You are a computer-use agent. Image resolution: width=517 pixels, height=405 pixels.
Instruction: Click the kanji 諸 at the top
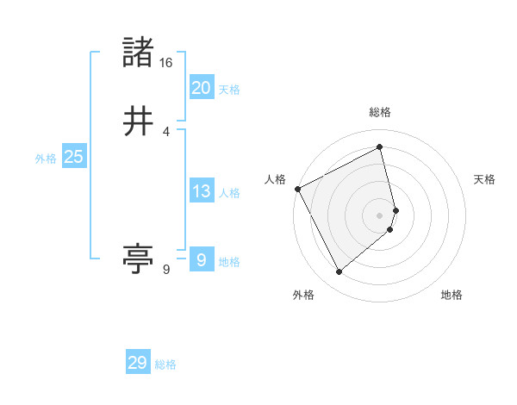click(140, 53)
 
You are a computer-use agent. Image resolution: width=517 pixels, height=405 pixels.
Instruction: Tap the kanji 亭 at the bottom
click(139, 259)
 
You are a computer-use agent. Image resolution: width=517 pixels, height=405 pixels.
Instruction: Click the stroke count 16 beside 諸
click(165, 63)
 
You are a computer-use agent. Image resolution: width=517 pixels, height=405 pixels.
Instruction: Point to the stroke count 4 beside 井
click(165, 132)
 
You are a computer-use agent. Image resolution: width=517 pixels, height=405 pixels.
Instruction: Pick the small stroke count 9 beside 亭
click(165, 270)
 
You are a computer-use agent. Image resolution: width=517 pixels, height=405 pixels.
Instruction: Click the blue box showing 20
click(202, 88)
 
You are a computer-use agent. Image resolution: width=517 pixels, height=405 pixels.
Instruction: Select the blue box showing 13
click(202, 191)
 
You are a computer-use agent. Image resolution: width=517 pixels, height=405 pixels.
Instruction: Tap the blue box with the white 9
click(202, 260)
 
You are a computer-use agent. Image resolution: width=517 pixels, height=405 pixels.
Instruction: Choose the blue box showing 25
click(73, 157)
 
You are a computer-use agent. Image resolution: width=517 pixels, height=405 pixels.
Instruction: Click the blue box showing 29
click(138, 363)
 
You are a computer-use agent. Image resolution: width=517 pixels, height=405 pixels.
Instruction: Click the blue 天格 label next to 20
click(229, 90)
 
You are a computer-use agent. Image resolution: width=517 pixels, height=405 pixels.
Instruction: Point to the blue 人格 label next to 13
click(229, 193)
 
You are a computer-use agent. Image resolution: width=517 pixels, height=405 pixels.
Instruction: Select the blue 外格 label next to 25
click(46, 159)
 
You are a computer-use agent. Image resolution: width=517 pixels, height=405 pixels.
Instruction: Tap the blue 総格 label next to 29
click(165, 364)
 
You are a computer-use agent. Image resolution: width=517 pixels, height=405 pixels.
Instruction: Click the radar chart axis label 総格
click(380, 112)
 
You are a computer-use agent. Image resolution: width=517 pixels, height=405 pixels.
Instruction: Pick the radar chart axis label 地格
click(452, 296)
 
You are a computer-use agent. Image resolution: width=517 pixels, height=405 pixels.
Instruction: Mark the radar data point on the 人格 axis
click(297, 189)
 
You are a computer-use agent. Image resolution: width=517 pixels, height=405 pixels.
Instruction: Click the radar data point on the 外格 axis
click(339, 272)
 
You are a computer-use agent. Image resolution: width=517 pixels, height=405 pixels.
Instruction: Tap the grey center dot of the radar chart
click(380, 215)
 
